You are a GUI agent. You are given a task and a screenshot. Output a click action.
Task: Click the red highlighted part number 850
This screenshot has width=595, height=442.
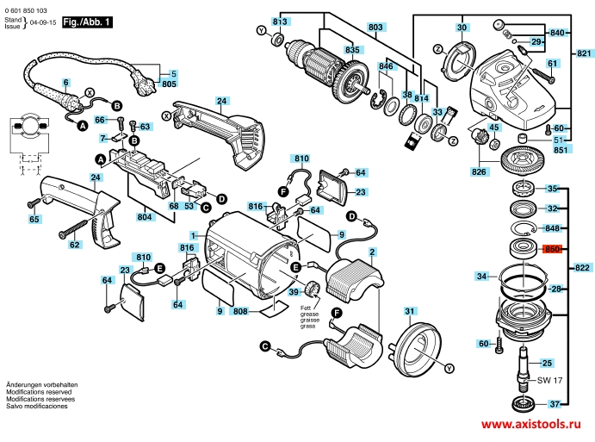coord(552,250)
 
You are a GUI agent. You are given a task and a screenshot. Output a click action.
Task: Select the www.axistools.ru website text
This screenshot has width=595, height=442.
coord(530,426)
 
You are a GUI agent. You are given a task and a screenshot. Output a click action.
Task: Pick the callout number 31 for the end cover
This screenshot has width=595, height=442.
coord(411,311)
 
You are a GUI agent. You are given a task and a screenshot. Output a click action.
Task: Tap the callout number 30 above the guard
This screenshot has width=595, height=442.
coord(462,28)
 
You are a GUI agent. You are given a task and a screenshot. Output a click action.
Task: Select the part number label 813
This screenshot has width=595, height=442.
coord(278,20)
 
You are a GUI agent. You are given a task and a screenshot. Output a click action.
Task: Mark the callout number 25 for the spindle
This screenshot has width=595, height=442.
coord(547,362)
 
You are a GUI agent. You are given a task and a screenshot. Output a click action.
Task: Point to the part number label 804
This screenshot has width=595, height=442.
coord(146,216)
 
